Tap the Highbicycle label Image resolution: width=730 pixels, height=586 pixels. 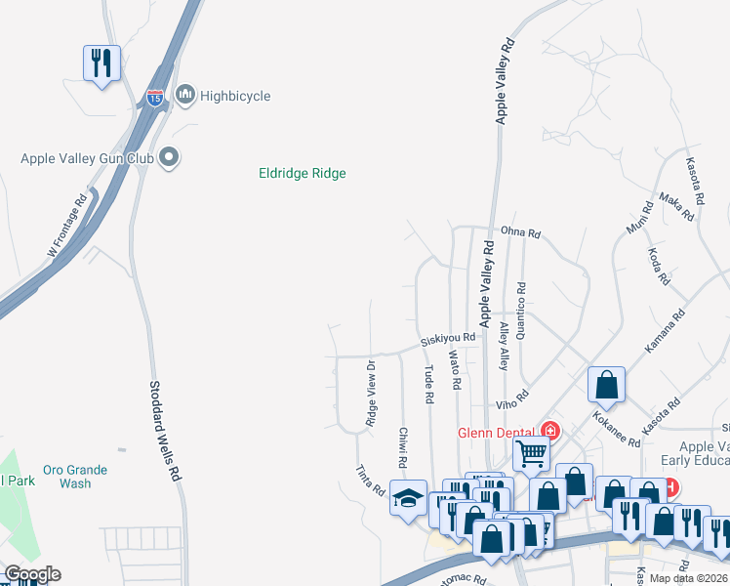click(234, 96)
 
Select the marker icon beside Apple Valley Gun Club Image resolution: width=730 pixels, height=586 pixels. click(170, 157)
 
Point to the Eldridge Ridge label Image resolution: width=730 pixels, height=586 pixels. click(303, 174)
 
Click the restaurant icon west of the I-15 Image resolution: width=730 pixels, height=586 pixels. click(101, 63)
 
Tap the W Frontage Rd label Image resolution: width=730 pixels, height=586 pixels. click(67, 227)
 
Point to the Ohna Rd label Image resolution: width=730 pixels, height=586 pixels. click(520, 233)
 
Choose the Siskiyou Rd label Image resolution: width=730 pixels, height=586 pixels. click(448, 338)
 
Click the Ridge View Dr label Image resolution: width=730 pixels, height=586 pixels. click(371, 394)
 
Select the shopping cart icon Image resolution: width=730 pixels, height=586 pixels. click(531, 452)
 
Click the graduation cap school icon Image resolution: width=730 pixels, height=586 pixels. click(407, 498)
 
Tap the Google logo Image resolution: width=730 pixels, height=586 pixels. click(31, 574)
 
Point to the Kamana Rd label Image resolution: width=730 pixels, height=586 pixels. click(666, 332)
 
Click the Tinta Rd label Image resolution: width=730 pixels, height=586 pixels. click(371, 479)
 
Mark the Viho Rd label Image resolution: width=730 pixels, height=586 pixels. click(510, 398)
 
